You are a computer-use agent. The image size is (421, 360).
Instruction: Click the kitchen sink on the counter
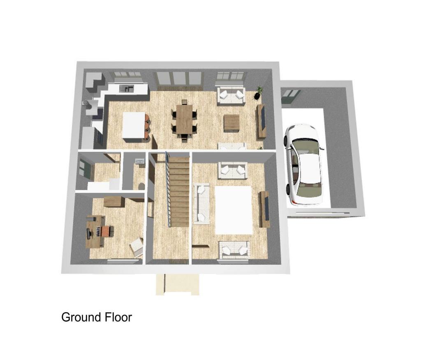tap(126, 88)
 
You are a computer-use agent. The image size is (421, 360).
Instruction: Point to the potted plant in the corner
tap(259, 93)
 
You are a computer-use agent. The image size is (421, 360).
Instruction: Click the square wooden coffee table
tap(231, 123)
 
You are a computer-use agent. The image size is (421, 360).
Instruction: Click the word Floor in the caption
tap(118, 317)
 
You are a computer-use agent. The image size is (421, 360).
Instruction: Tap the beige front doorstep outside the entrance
tap(178, 284)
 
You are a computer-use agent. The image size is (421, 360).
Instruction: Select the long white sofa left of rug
tap(201, 203)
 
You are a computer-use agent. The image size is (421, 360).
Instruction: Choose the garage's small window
tap(291, 96)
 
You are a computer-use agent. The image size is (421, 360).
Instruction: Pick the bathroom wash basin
tap(140, 161)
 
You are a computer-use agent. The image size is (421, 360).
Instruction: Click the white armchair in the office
tap(137, 246)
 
